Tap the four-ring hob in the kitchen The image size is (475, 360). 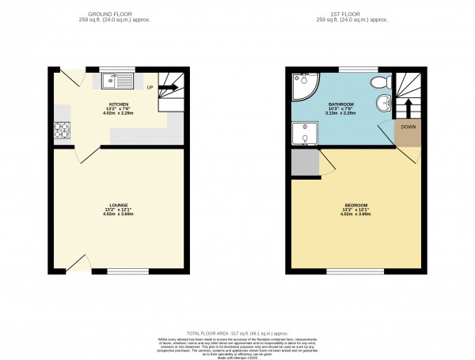click(x=60, y=130)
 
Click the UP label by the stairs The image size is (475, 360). click(x=149, y=87)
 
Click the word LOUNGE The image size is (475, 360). click(x=119, y=205)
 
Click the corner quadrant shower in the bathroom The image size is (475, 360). click(x=301, y=84)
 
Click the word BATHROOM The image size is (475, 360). click(x=341, y=104)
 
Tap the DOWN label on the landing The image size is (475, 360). click(x=408, y=127)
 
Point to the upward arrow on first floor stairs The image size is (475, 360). click(x=408, y=103)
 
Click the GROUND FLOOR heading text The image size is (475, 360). click(x=119, y=13)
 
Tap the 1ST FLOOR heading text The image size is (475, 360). click(x=356, y=13)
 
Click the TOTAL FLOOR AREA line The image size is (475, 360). click(x=237, y=334)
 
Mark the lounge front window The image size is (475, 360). click(x=127, y=273)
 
